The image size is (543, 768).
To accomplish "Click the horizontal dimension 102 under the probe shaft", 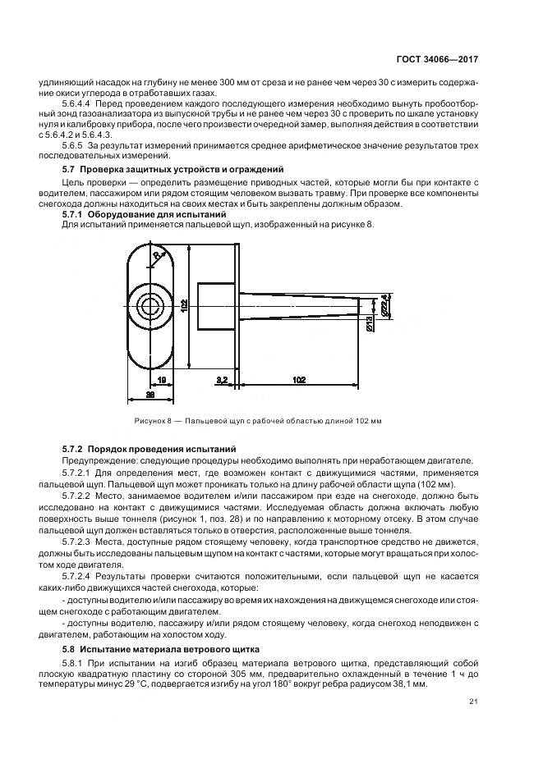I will [299, 379].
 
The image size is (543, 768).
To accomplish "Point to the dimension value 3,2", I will [222, 379].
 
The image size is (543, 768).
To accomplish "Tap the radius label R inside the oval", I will [158, 257].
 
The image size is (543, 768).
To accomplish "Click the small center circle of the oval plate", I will [150, 305].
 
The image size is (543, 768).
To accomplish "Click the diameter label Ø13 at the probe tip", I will [370, 326].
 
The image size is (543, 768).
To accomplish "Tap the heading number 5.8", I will [69, 647].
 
